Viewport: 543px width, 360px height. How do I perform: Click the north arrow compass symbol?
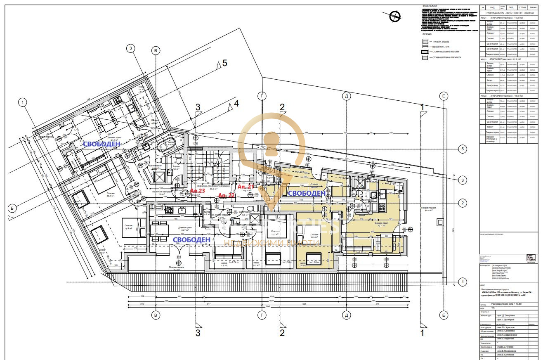click(395, 15)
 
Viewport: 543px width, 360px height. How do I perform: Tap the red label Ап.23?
click(197, 191)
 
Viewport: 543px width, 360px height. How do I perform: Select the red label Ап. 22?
click(226, 195)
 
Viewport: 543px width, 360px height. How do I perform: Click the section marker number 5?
click(225, 63)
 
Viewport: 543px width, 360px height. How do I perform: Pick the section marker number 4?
click(236, 103)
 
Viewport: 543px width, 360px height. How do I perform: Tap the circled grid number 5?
click(463, 149)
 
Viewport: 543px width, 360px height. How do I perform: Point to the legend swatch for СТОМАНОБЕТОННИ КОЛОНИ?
click(425, 52)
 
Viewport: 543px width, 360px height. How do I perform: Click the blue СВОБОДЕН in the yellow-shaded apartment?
click(306, 193)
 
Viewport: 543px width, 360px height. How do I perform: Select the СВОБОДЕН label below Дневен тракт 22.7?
click(191, 239)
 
